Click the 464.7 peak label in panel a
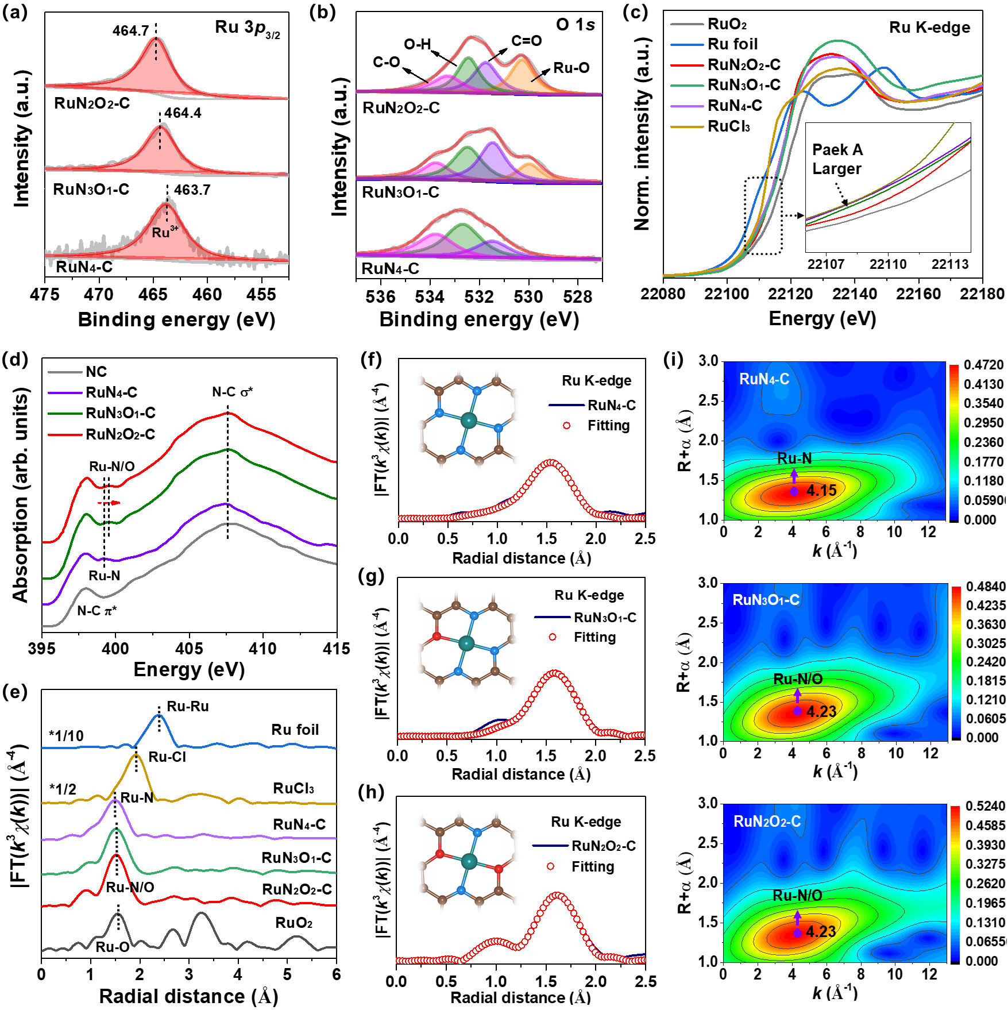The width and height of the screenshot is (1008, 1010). pos(131,30)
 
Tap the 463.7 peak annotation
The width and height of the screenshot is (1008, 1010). pos(192,190)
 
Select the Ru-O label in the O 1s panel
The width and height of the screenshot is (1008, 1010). pos(571,68)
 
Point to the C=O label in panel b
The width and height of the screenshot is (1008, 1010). pos(526,41)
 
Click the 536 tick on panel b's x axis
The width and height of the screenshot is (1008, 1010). pos(380,296)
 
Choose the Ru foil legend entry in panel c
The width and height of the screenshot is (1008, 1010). pos(732,44)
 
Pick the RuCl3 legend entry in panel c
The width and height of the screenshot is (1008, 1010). pos(728,126)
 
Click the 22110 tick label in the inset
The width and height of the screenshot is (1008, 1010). pos(887,264)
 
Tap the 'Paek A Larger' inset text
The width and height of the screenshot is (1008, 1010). pos(837,159)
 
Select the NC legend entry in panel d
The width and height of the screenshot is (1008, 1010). pos(96,372)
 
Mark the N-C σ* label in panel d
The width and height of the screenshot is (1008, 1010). pos(232,392)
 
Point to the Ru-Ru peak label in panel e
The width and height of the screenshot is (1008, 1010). pos(187,706)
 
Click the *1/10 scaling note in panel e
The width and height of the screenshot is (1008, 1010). pos(66,736)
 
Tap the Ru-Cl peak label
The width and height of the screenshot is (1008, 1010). pos(167,757)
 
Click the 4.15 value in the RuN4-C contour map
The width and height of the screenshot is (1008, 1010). pos(821,491)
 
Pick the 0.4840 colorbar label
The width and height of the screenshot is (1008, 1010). pos(986,587)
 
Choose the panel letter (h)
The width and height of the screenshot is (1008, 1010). pos(371,792)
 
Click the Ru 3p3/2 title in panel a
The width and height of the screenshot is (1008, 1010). pos(247,28)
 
